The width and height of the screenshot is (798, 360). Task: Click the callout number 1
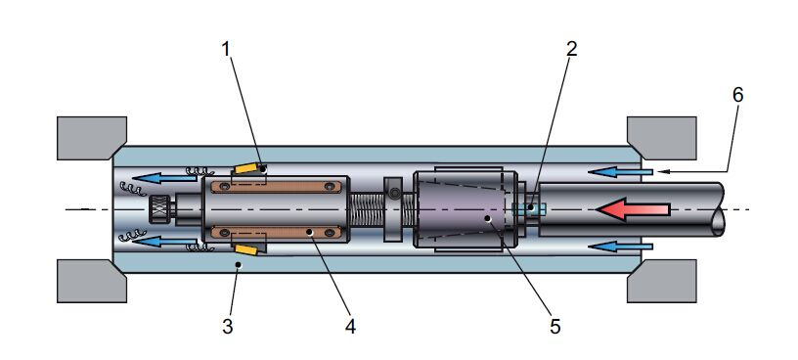click(x=227, y=50)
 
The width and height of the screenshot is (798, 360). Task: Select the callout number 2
click(x=571, y=49)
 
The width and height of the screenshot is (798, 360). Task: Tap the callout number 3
click(x=228, y=327)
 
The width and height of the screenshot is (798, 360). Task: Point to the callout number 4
click(x=350, y=327)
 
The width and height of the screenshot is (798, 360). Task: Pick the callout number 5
click(x=555, y=327)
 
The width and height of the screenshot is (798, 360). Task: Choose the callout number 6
click(x=737, y=95)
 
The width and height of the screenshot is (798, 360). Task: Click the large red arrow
click(x=633, y=209)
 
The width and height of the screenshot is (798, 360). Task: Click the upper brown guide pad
click(x=276, y=187)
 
